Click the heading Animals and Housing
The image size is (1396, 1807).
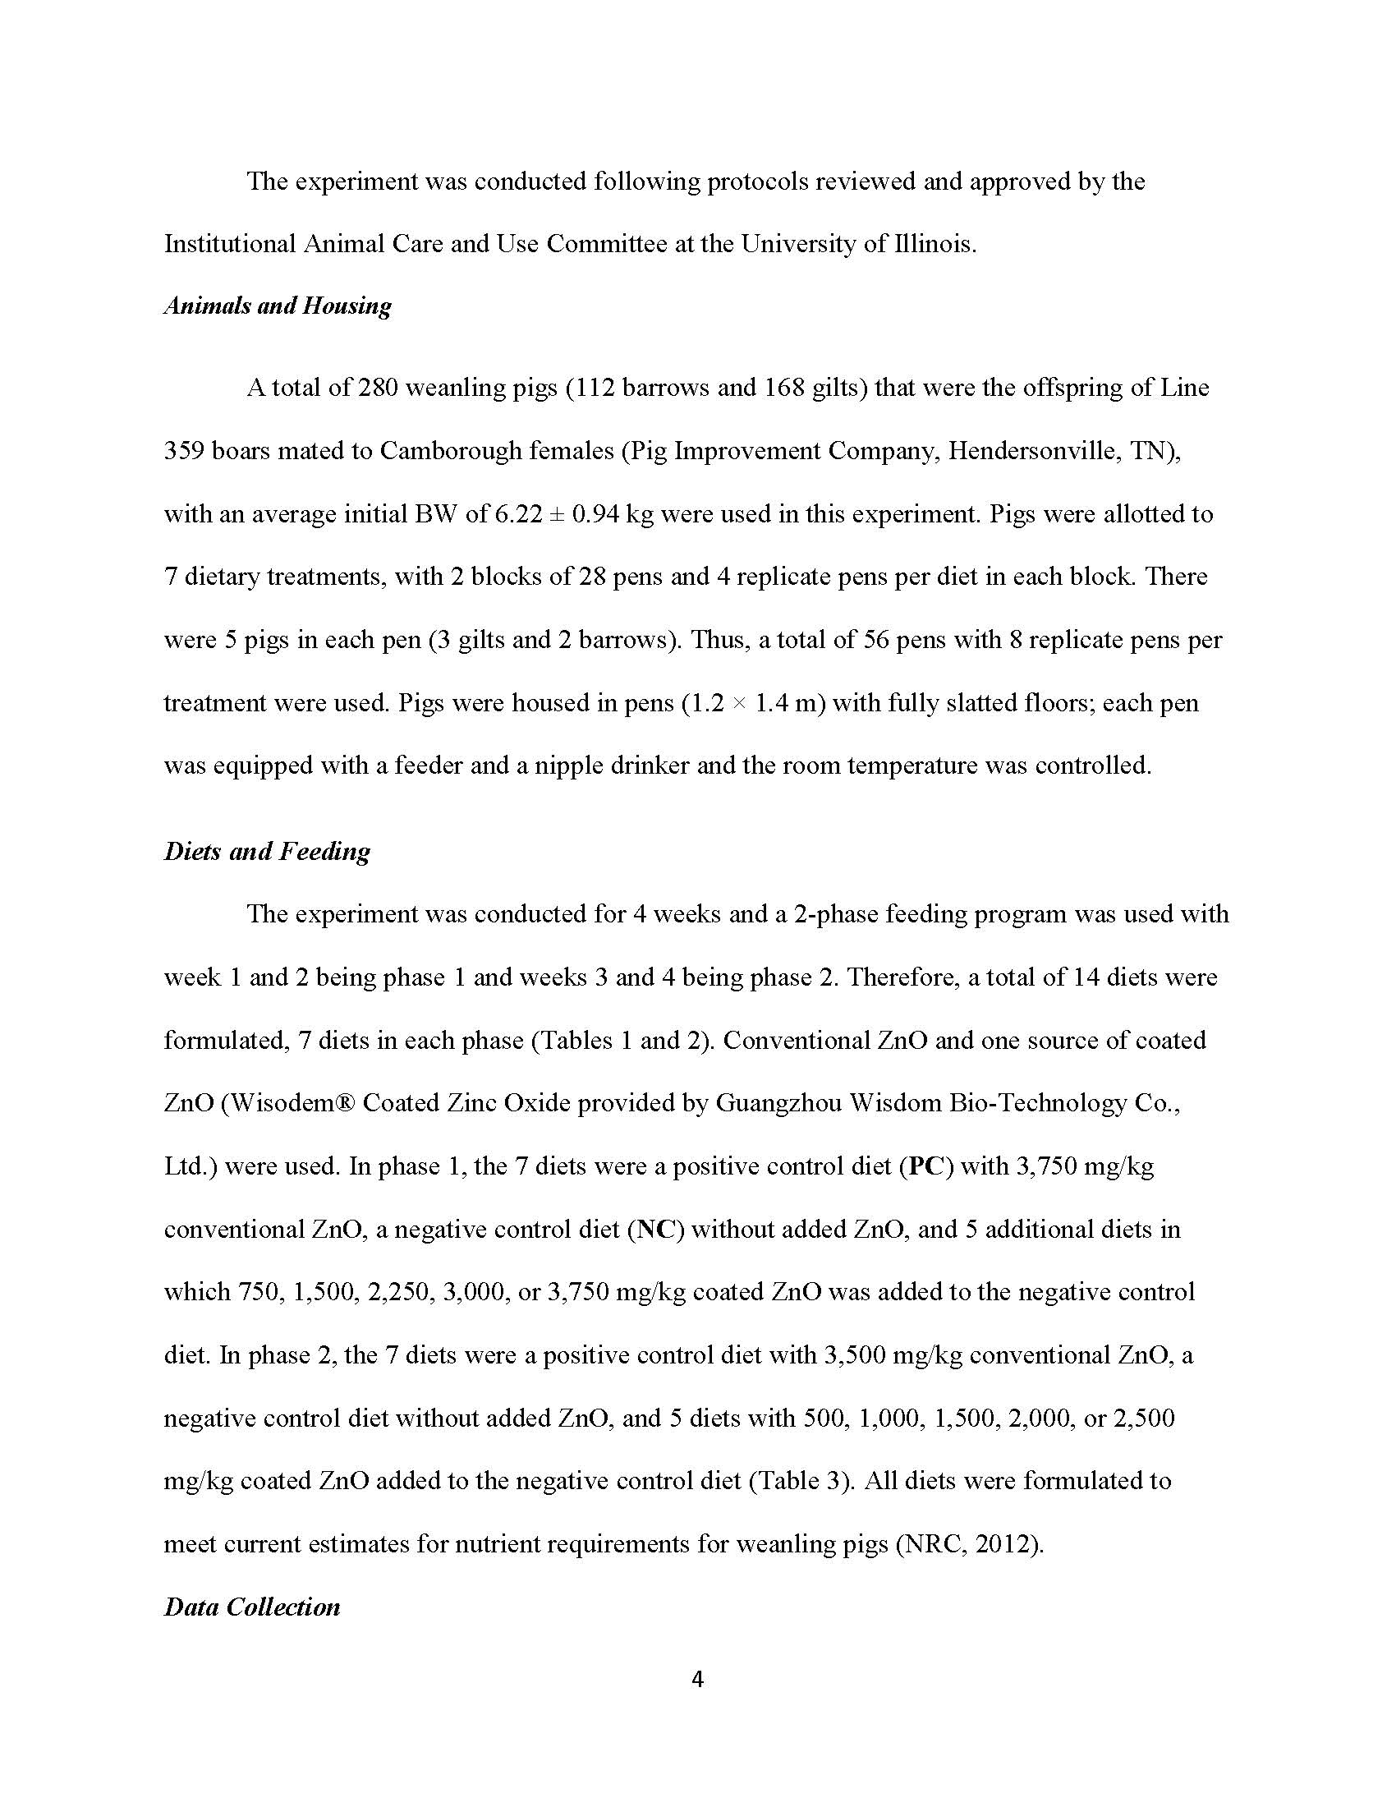click(278, 306)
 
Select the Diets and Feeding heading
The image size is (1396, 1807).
click(267, 852)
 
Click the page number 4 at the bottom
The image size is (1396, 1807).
click(697, 1679)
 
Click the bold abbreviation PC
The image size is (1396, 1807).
click(925, 1166)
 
